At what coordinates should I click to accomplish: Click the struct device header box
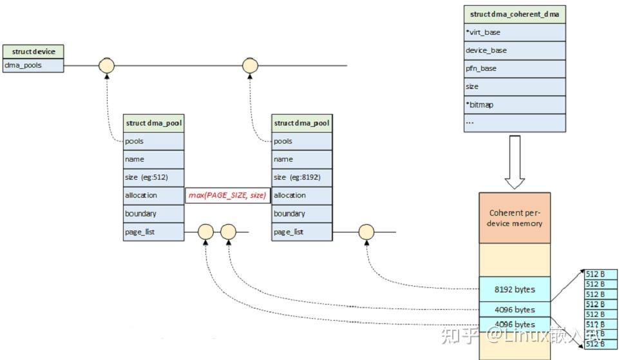(x=33, y=52)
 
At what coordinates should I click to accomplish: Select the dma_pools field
(x=33, y=65)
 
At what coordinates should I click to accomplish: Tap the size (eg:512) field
(x=154, y=177)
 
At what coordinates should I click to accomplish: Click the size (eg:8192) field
(x=302, y=177)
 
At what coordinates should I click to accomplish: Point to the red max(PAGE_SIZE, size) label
(x=227, y=195)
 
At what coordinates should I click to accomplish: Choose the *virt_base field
(x=515, y=32)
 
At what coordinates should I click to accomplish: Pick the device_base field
(x=515, y=50)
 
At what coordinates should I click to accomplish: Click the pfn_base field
(x=515, y=68)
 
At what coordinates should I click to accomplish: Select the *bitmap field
(x=515, y=104)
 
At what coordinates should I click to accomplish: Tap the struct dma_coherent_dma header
(x=515, y=14)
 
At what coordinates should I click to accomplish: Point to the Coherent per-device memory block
(x=515, y=218)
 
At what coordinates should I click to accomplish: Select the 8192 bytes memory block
(x=515, y=289)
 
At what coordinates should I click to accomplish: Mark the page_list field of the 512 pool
(x=154, y=231)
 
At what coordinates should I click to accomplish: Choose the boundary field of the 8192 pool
(x=302, y=213)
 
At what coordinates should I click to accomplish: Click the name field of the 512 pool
(x=154, y=159)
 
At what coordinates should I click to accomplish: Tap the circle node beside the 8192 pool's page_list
(x=367, y=232)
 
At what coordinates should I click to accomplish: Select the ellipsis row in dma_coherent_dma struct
(x=515, y=122)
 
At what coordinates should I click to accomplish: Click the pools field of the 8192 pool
(x=302, y=141)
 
